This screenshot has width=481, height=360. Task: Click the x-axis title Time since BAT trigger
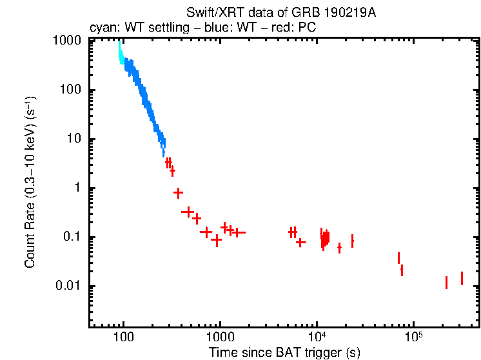[x=284, y=352]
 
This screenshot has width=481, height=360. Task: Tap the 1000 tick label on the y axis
[x=67, y=40]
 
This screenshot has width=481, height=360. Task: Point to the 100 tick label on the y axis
[x=70, y=90]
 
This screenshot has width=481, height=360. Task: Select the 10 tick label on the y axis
[x=74, y=139]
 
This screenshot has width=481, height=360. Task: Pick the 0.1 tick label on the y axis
[x=72, y=237]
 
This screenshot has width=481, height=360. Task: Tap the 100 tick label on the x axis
[x=123, y=337]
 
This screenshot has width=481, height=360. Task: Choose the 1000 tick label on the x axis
[x=220, y=337]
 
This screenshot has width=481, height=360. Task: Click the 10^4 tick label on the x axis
[x=317, y=336]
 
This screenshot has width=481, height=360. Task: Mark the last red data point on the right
[x=462, y=278]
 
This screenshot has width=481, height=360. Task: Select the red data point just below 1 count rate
[x=178, y=193]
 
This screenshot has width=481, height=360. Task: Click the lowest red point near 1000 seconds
[x=217, y=241]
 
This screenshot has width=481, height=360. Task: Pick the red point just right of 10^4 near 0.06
[x=339, y=248]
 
